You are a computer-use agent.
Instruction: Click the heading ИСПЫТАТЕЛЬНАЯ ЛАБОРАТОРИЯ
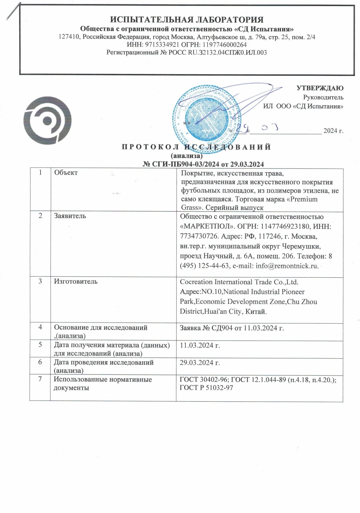point(187,20)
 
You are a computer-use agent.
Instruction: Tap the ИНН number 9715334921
point(162,45)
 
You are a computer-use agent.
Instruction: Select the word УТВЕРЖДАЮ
point(320,88)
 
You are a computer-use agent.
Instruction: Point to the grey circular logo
point(48,121)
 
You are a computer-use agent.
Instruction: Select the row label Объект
point(66,173)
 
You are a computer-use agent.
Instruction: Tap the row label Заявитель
point(70,216)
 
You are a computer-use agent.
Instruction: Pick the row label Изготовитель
point(76,281)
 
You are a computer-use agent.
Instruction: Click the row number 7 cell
point(40,379)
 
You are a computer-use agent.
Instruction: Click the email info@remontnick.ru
point(287,266)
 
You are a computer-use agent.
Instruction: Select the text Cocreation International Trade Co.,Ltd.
point(239,282)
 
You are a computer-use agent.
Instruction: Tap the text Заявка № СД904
point(206,328)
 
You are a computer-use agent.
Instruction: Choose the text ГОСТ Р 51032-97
point(206,388)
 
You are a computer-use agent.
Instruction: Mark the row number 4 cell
point(40,327)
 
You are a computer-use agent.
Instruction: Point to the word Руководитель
point(323,97)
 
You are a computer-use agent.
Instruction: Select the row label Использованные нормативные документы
point(102,383)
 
